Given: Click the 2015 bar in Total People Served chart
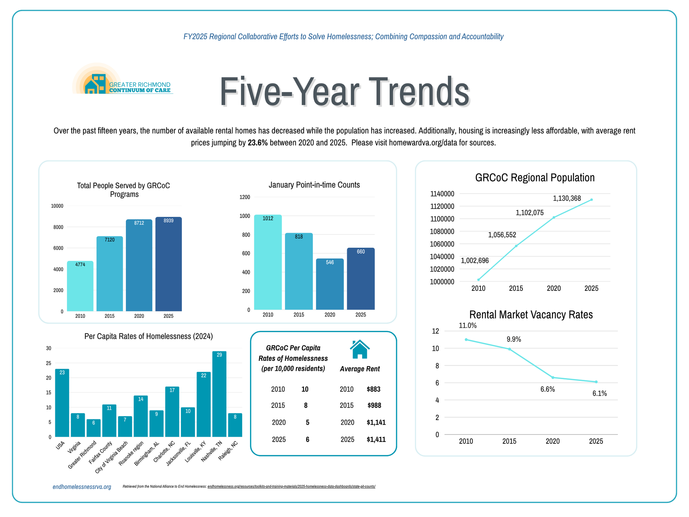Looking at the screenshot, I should coord(109,274).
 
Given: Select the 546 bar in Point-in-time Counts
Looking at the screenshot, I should coord(330,284).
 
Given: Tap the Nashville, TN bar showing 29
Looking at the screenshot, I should coord(219,394).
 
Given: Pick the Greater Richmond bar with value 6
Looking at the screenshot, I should coord(94,428).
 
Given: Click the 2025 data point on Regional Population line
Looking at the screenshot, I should coord(591,200).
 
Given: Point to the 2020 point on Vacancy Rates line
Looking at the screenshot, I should coord(553,377).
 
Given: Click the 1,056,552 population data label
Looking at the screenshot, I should coord(502,235).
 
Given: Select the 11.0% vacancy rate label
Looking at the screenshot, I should coord(468,326).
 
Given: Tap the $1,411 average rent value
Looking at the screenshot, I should coord(376,439).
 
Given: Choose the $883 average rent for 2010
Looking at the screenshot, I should coord(374,389).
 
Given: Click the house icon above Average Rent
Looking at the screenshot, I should coord(360,349).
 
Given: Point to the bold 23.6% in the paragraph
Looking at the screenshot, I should coord(258,143).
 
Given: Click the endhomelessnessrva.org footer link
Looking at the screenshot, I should coord(82,487).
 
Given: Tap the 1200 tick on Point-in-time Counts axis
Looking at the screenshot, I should coord(245,197).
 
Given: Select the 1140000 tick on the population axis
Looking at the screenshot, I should coord(442,194).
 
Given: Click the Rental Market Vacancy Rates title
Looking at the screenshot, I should coord(531,315).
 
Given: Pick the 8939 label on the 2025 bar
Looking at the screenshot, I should coord(168,221).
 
